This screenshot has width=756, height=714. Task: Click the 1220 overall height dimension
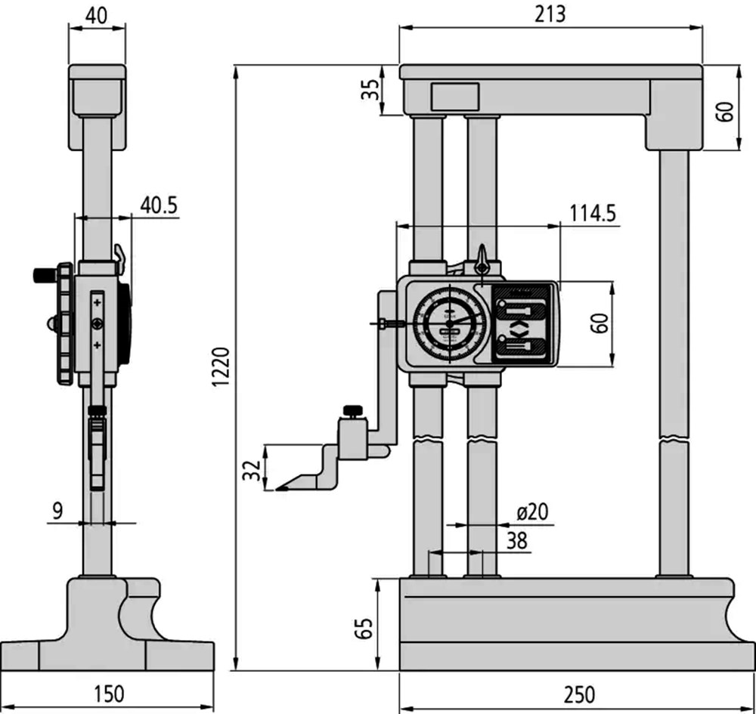pyautogui.click(x=222, y=367)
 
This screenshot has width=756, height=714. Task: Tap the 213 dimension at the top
pyautogui.click(x=550, y=14)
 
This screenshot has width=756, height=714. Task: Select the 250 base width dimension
pyautogui.click(x=579, y=695)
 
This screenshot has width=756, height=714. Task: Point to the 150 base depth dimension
pyautogui.click(x=108, y=694)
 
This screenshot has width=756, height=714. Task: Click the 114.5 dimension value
pyautogui.click(x=593, y=213)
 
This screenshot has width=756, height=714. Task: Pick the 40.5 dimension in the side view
pyautogui.click(x=159, y=206)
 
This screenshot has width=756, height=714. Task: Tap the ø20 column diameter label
pyautogui.click(x=532, y=512)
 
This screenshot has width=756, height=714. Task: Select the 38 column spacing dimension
pyautogui.click(x=517, y=540)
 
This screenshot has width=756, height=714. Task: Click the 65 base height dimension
pyautogui.click(x=364, y=628)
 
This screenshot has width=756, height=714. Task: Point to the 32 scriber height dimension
pyautogui.click(x=252, y=470)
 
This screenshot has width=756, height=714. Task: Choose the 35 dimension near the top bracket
pyautogui.click(x=370, y=90)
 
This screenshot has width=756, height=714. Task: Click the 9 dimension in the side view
pyautogui.click(x=57, y=511)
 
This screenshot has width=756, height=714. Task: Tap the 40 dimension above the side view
pyautogui.click(x=97, y=16)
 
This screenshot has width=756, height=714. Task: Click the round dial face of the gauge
pyautogui.click(x=449, y=323)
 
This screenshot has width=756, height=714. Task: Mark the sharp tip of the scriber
pyautogui.click(x=277, y=490)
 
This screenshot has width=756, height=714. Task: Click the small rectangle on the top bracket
pyautogui.click(x=455, y=97)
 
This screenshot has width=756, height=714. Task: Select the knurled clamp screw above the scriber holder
pyautogui.click(x=353, y=412)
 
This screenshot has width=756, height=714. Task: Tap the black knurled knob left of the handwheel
pyautogui.click(x=45, y=276)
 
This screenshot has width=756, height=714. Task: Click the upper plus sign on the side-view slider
pyautogui.click(x=98, y=302)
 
